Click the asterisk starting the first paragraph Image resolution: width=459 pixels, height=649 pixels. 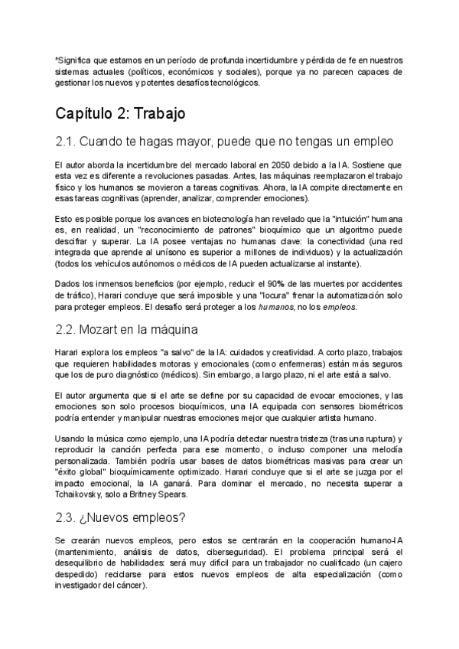click(x=57, y=60)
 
